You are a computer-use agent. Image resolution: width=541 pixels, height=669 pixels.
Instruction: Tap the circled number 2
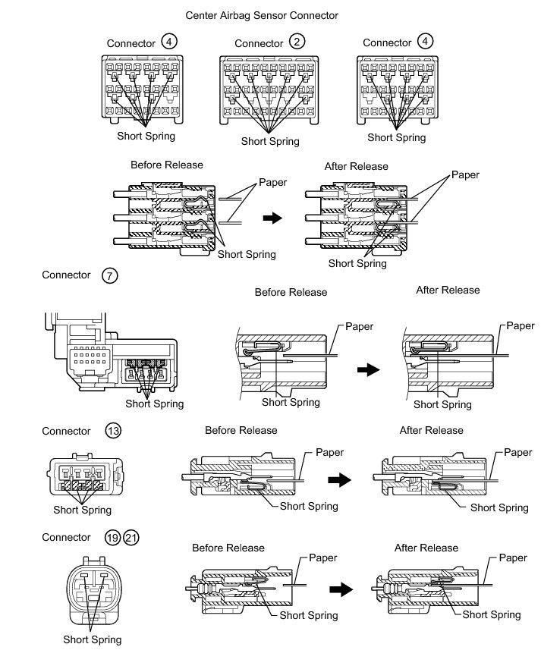(297, 42)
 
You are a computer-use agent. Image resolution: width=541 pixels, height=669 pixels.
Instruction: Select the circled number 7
(110, 275)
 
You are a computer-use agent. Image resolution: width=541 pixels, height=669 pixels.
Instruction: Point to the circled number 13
(113, 431)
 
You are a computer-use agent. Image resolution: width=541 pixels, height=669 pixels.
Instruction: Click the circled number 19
(112, 538)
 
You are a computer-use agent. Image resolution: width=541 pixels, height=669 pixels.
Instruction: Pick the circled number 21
(131, 538)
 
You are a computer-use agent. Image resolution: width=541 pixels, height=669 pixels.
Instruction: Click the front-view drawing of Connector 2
(269, 90)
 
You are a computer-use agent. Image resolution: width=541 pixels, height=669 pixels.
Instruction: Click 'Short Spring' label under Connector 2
(270, 141)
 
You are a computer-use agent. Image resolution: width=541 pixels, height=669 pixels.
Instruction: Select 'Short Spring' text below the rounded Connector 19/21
(92, 639)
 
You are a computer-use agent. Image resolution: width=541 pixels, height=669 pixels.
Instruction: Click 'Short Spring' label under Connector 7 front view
(155, 404)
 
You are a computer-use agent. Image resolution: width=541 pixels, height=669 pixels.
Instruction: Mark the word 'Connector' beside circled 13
(67, 431)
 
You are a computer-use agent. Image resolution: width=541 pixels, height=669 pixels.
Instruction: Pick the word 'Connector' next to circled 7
(67, 275)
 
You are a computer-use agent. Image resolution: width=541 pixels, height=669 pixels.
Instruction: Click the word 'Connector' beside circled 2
(259, 43)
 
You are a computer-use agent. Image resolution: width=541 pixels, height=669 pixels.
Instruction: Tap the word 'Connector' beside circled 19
(67, 538)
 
